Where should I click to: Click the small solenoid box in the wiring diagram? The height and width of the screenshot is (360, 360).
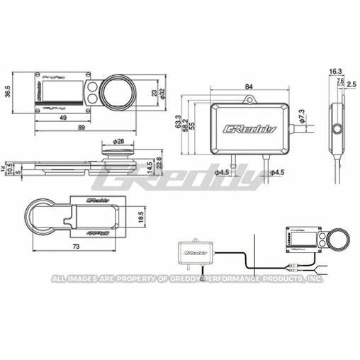[195, 250]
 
